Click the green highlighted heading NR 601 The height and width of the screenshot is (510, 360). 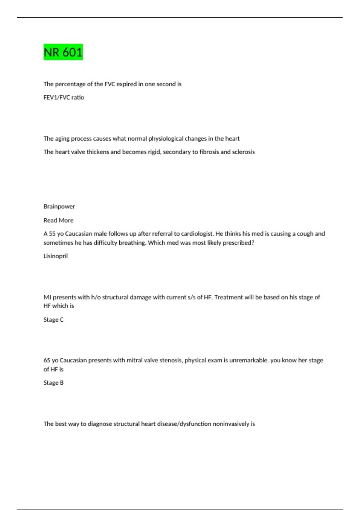(63, 52)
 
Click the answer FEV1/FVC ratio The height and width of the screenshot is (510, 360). (64, 97)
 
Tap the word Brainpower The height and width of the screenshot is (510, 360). (59, 206)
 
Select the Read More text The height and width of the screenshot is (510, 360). (58, 220)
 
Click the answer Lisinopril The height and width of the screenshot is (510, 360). (55, 256)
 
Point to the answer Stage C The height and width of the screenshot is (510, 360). (53, 320)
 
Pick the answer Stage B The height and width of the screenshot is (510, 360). (53, 383)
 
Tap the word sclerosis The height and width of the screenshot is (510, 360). (243, 152)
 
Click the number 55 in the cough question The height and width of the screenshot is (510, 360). (52, 234)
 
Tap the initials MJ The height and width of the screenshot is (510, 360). (47, 297)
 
